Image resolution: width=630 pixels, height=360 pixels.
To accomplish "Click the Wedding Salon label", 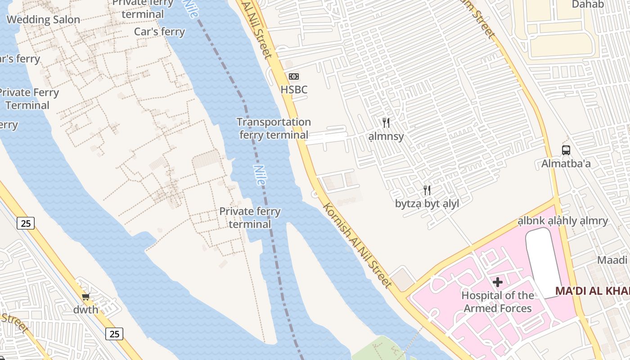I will coord(43,20).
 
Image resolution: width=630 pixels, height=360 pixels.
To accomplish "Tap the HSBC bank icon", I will coord(294,76).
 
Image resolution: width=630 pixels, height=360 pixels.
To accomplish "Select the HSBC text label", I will coord(294,90).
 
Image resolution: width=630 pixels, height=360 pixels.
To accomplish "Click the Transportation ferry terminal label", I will coord(274,128).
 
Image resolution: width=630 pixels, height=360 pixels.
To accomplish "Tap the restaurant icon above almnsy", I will coord(386,123).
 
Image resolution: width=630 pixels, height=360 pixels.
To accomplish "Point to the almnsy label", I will coord(386,136).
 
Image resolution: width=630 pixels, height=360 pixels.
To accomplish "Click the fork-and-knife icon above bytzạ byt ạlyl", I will coord(427,190).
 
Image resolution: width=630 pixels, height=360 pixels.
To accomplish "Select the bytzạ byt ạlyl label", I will coord(427,204).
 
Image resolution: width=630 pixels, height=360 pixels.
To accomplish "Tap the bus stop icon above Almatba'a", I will coord(566,150).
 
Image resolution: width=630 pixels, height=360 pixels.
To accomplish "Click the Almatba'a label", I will coord(566,164).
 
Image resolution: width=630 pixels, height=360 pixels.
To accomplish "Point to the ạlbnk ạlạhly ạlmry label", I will coord(562,221).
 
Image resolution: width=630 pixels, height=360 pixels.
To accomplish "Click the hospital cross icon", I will coord(498,282).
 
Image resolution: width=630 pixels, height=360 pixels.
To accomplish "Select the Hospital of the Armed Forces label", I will coord(498,302).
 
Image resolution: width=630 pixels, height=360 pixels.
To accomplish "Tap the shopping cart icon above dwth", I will coord(85,297).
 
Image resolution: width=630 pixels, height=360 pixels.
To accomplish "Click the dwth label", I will coord(85,310).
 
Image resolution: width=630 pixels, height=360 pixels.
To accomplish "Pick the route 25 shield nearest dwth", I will coord(114,333).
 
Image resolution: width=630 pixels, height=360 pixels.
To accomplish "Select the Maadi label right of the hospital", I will coord(612,260).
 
